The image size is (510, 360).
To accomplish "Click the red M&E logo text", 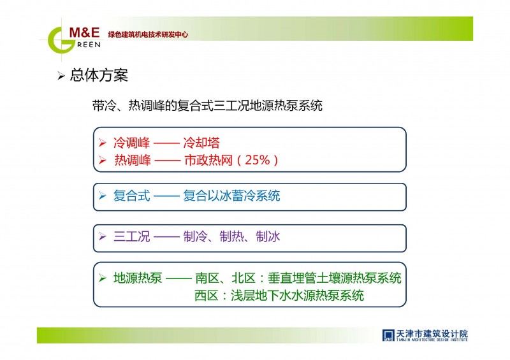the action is coord(84,32).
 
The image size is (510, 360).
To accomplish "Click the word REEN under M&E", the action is coord(89,45).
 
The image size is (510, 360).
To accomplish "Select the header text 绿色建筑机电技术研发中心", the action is coord(148,34).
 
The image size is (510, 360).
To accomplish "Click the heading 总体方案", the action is coord(99,75).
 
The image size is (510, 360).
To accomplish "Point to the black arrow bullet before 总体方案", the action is coord(61,76).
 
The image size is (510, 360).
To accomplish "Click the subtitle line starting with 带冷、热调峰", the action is coord(207,106).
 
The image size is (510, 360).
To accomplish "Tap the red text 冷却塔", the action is coord(201,143).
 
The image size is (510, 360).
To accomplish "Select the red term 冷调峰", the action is coord(132,143).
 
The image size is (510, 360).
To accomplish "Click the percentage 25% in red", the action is coord(258,160).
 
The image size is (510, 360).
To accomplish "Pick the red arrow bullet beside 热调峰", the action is coord(103,160).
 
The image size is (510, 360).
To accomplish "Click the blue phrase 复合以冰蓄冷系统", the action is coord(231,196).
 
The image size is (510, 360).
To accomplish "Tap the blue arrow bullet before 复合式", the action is coord(103,196).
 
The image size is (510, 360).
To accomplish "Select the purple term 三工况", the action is coord(132,237).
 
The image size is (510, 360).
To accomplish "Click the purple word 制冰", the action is coord(268,237).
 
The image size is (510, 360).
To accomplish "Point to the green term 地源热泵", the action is coord(138,278).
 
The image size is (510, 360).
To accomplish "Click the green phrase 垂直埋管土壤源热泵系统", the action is coord(335,278).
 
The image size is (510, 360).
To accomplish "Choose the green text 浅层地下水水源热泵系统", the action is coord(297,296).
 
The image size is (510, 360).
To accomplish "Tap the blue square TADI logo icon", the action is coord(388,335).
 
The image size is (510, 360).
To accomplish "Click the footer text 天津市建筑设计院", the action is coord(432,334).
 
